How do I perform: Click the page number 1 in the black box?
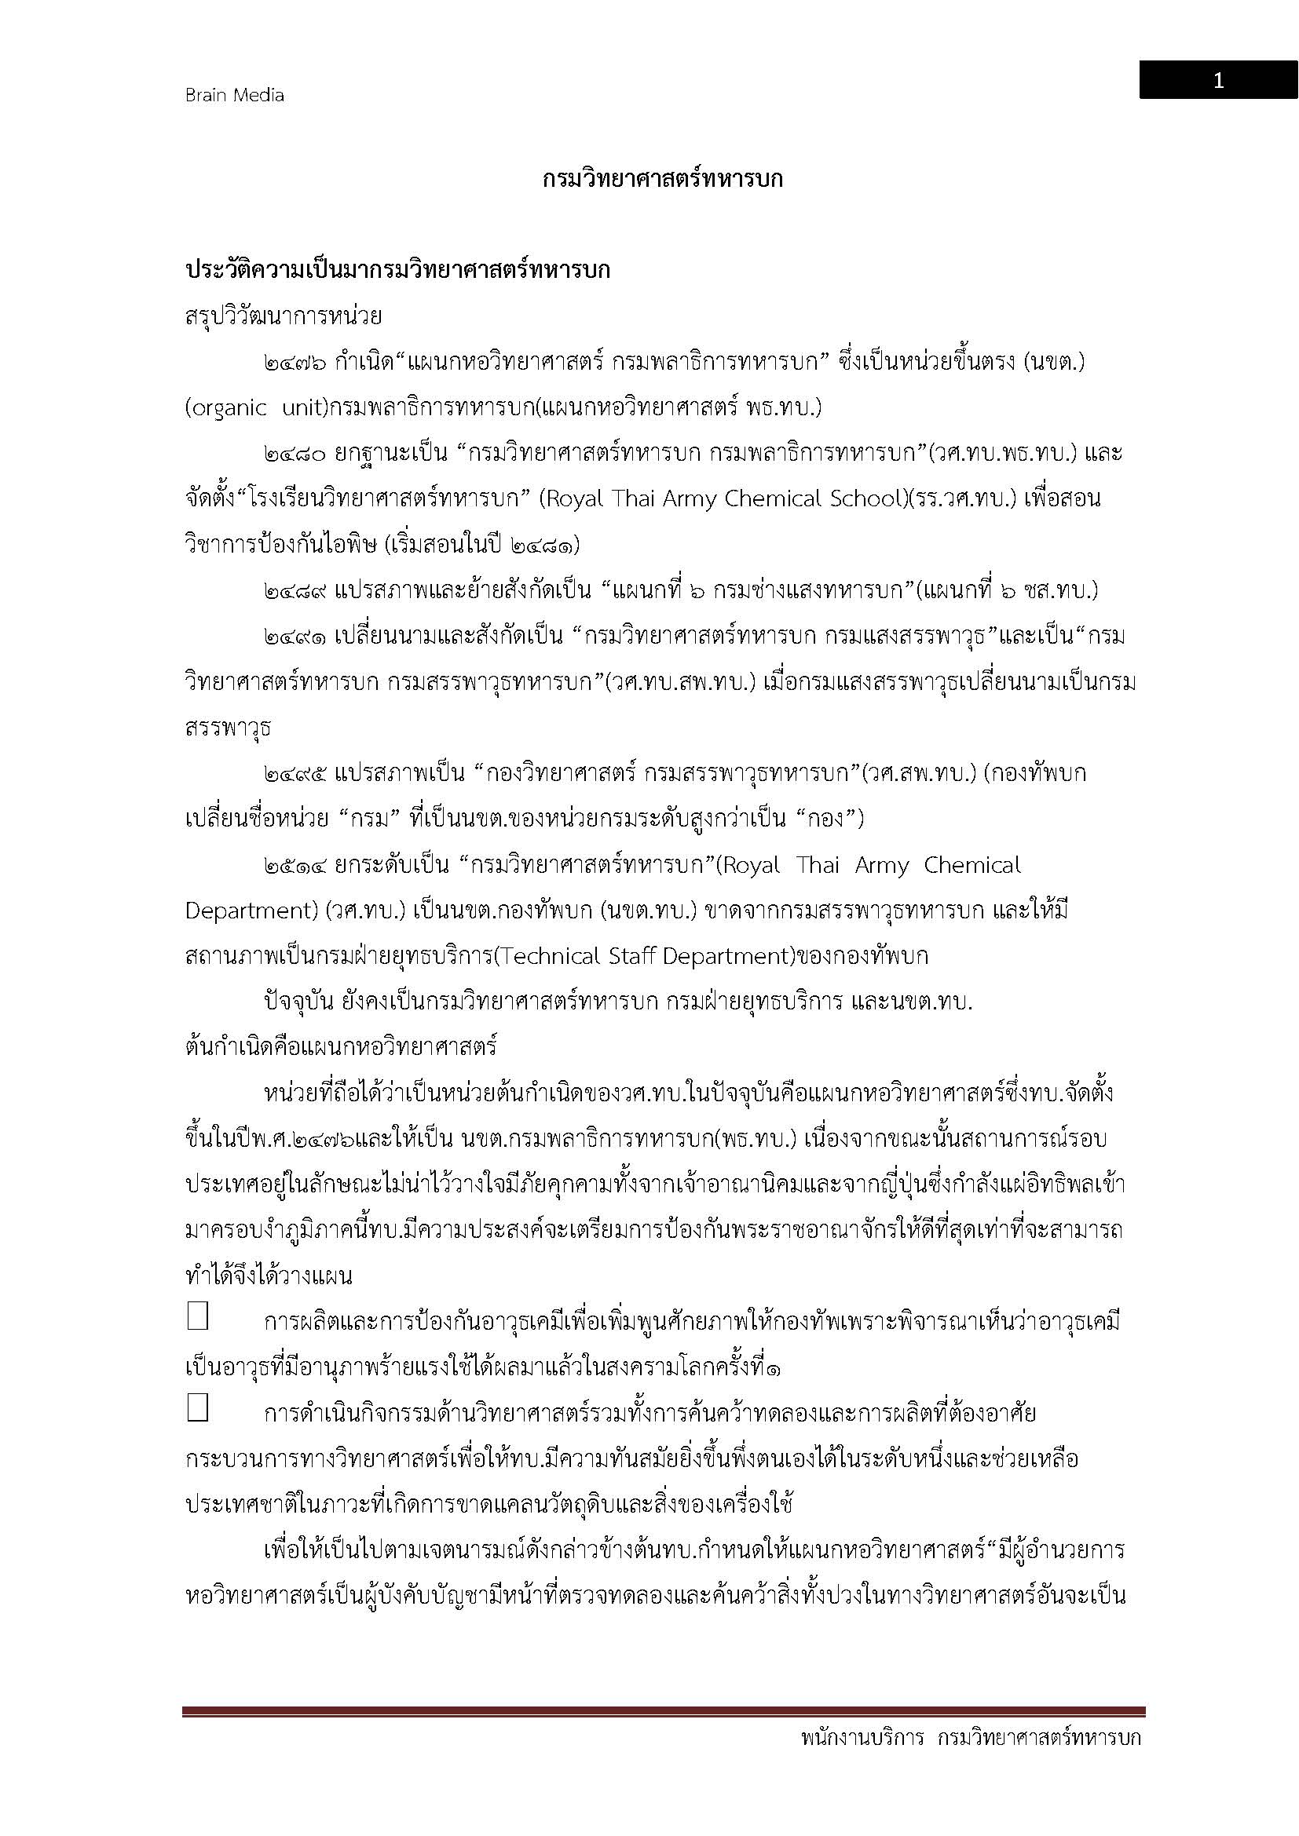(1217, 81)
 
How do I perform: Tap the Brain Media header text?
(234, 95)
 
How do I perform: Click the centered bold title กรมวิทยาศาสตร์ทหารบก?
(662, 179)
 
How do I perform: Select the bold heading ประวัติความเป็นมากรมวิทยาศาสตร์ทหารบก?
(397, 270)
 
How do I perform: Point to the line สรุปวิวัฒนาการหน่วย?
(284, 316)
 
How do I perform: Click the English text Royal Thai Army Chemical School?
(724, 499)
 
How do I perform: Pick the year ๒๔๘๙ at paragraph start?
(295, 592)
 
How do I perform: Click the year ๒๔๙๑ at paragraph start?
(295, 637)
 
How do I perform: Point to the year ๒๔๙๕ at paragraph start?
(295, 774)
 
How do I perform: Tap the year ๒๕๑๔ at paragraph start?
(295, 866)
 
